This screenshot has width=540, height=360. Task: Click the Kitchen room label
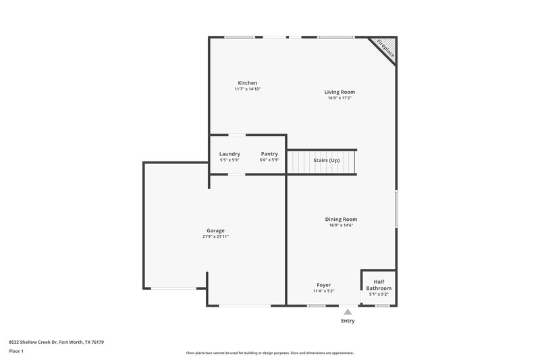247,83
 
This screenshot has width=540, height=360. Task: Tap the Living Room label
340,92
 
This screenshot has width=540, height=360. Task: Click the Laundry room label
230,154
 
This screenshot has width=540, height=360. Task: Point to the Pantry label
269,154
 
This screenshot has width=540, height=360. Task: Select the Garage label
215,230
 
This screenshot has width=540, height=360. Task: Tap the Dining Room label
341,219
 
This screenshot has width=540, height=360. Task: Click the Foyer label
324,285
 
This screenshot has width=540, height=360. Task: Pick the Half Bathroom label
379,284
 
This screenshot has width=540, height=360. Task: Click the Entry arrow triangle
348,312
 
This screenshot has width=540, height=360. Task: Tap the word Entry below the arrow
348,321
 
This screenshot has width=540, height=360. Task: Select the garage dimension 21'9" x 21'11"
215,237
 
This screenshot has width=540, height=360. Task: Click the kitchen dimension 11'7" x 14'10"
247,89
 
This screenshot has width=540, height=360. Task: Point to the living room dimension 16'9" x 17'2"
340,98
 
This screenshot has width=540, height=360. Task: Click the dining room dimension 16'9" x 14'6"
341,225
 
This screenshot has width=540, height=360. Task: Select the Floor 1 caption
16,351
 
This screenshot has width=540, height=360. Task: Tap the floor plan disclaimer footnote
269,353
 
